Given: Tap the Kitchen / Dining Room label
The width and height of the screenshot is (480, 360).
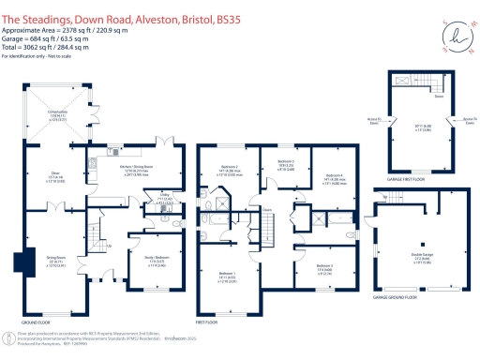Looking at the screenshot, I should click(x=137, y=171).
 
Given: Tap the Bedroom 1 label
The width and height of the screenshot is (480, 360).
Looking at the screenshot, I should click(x=227, y=277).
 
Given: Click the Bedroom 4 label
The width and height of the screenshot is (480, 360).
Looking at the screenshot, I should click(x=335, y=179).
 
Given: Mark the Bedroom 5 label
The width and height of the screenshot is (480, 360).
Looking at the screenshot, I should click(x=323, y=268).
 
